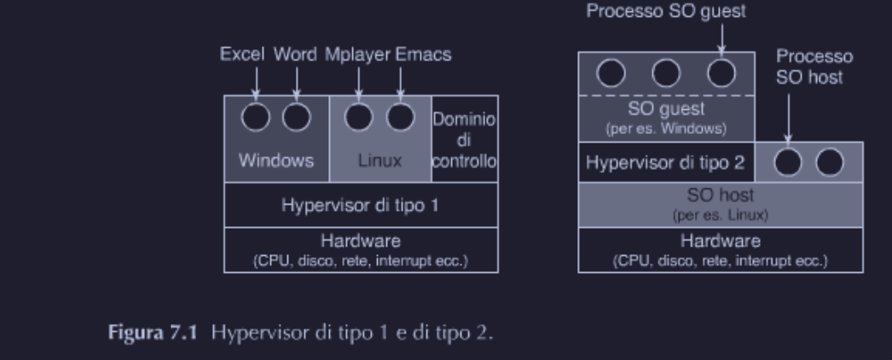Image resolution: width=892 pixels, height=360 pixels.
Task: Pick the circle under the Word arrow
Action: (x=296, y=117)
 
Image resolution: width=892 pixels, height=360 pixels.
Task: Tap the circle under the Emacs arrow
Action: (x=400, y=117)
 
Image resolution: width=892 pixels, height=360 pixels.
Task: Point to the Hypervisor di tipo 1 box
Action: (x=362, y=205)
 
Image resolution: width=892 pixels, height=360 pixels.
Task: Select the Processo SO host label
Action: (x=815, y=67)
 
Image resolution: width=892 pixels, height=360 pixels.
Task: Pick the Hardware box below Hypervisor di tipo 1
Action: (x=362, y=249)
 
